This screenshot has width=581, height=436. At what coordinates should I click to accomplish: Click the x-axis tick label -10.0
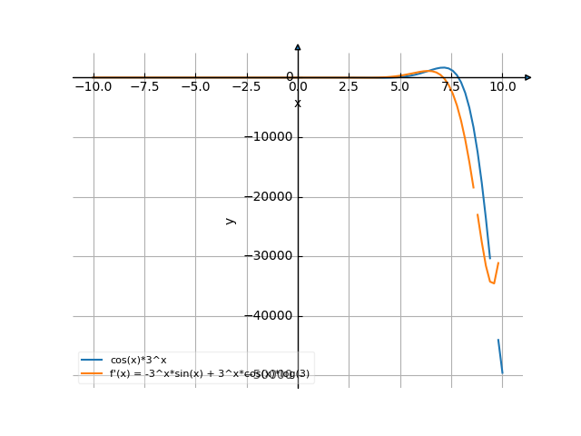(93, 86)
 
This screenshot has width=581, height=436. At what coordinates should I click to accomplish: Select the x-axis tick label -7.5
(144, 86)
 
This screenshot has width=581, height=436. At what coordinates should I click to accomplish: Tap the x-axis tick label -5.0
(195, 86)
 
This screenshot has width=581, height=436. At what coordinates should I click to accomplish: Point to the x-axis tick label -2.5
(247, 86)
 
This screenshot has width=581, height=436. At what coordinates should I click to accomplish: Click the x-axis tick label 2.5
(349, 86)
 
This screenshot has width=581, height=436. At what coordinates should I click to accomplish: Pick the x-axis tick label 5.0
(400, 86)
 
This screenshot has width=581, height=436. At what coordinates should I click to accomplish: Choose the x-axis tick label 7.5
(451, 86)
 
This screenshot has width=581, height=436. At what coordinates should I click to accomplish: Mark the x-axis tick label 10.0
(502, 86)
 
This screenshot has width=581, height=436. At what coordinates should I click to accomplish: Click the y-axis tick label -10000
(270, 137)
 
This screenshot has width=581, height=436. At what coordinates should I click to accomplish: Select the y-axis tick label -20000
(270, 197)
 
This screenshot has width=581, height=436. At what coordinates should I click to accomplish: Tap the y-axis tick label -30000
(270, 256)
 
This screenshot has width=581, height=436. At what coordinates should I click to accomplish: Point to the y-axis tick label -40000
(270, 316)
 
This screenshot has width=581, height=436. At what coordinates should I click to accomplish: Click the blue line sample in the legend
(92, 361)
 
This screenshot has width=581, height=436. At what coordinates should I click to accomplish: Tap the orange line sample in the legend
(92, 373)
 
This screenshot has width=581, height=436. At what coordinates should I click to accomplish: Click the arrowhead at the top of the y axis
(298, 46)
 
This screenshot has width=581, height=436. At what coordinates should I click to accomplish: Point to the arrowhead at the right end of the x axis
(528, 77)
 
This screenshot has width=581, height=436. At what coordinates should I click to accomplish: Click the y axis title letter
(231, 220)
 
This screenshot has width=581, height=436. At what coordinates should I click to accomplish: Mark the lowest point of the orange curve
(492, 283)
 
